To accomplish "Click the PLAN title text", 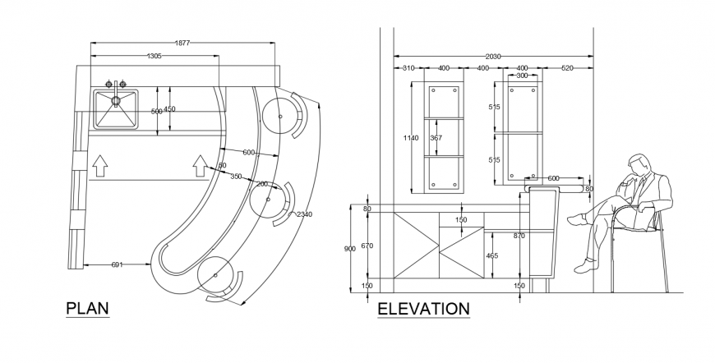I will pyautogui.click(x=87, y=308).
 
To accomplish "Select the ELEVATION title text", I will pyautogui.click(x=423, y=309).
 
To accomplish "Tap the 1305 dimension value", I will pyautogui.click(x=154, y=56).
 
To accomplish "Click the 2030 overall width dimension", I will pyautogui.click(x=493, y=56).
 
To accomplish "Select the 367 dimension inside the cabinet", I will pyautogui.click(x=436, y=138).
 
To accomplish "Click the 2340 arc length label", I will pyautogui.click(x=305, y=214).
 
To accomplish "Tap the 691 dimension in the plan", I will pyautogui.click(x=116, y=264).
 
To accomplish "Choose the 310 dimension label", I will pyautogui.click(x=408, y=68).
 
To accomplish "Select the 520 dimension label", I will pyautogui.click(x=566, y=68).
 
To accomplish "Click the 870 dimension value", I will pyautogui.click(x=519, y=236).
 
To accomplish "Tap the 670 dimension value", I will pyautogui.click(x=367, y=245).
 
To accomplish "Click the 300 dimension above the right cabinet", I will pyautogui.click(x=522, y=76).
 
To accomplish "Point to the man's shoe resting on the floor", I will pyautogui.click(x=586, y=264).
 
